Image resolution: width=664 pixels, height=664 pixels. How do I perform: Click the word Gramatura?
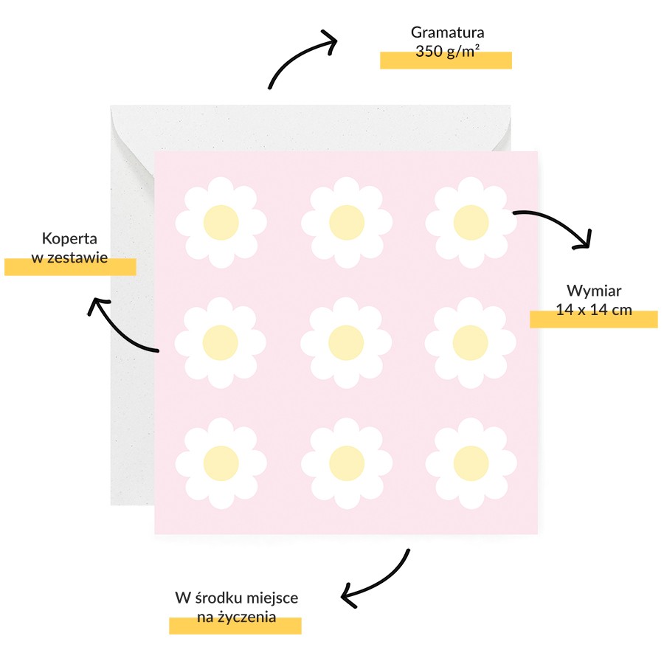coord(447,32)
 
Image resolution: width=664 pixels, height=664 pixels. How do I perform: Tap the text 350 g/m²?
coord(447,51)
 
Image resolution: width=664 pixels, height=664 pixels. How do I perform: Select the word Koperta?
coord(69,239)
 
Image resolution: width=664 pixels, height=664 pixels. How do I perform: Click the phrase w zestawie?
coord(69,257)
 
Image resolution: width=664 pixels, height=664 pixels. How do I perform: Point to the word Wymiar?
coord(594,291)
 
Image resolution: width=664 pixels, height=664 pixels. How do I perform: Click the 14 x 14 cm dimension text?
coord(594,310)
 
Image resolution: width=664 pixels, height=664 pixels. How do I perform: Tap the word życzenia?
coord(247,617)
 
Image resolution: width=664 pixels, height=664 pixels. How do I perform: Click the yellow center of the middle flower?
coord(346,342)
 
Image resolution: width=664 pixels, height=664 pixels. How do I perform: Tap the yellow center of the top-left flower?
coord(221,222)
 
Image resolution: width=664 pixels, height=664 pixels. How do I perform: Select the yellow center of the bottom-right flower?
coord(471,463)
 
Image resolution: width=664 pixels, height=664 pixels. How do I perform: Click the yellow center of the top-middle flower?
coord(347,222)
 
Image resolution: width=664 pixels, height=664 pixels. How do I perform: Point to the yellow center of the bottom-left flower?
coord(221,463)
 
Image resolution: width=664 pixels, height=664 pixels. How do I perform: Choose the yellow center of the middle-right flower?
coord(470,342)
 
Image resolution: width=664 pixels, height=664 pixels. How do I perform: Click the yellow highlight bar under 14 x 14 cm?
coord(594,319)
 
